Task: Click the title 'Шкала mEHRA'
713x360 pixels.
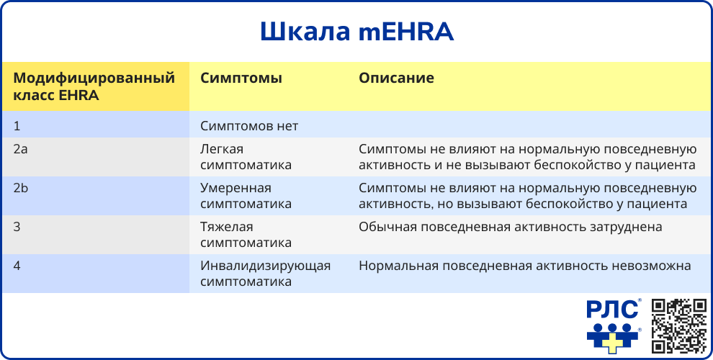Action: [356, 32]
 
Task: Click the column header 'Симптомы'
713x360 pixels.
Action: [241, 78]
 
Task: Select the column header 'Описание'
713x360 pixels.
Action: [396, 78]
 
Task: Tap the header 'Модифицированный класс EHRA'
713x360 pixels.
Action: [94, 86]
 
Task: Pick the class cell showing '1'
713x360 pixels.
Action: [17, 126]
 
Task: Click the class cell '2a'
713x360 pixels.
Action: [20, 149]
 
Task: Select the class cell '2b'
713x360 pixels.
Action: [20, 188]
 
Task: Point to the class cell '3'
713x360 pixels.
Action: [17, 227]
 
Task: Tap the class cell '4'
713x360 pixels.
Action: [17, 266]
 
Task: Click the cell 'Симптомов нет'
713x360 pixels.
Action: [249, 126]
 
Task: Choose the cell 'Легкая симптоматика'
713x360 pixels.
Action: [246, 157]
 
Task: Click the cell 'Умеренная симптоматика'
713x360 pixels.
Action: [246, 196]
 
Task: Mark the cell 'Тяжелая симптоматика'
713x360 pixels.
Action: [246, 235]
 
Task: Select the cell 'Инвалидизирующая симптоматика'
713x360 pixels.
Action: [265, 274]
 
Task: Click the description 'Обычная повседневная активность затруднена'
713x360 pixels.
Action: [511, 227]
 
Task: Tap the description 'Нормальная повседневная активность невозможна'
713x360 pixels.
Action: [525, 266]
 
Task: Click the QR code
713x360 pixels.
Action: [678, 326]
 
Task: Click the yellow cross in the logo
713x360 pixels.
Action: [611, 341]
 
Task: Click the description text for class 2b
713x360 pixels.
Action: [528, 196]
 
